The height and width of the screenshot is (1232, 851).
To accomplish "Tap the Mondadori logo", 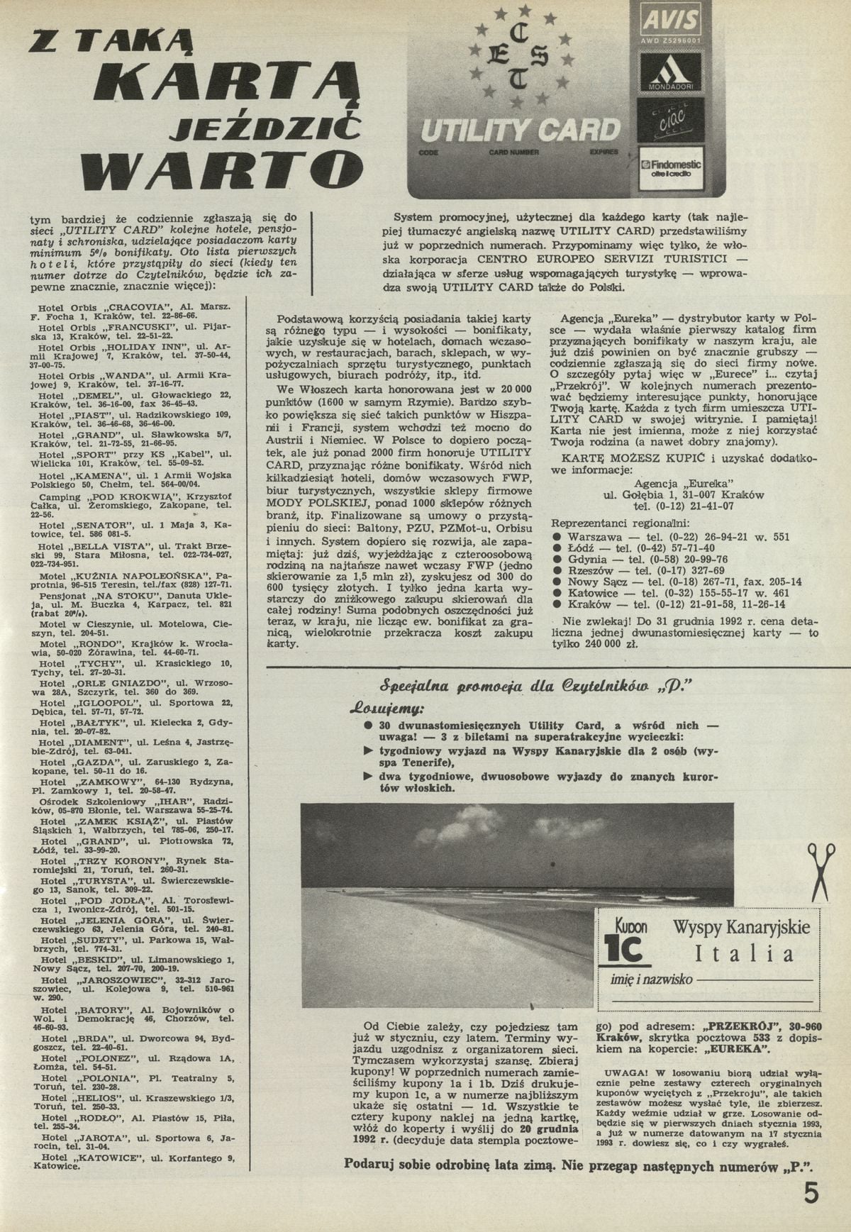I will point(670,72).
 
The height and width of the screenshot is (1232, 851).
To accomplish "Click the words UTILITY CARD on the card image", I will point(520,130).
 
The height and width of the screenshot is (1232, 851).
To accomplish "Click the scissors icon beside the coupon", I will point(820,872).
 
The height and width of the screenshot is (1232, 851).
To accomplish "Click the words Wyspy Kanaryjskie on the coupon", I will point(741,927).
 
